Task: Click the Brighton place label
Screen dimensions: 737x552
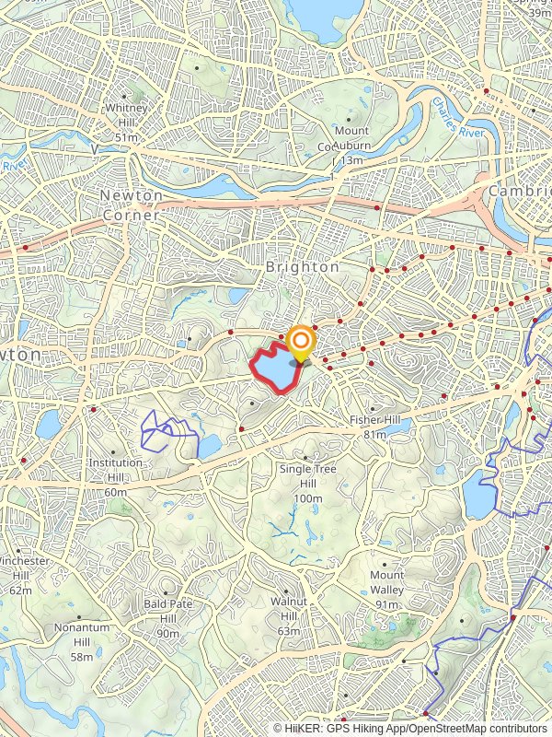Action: pyautogui.click(x=302, y=266)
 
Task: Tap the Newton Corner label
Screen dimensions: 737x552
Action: pyautogui.click(x=131, y=205)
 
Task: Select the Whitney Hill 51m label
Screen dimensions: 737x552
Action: pyautogui.click(x=127, y=123)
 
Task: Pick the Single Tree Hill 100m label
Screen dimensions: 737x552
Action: pyautogui.click(x=308, y=484)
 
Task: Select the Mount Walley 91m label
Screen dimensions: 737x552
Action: pyautogui.click(x=387, y=590)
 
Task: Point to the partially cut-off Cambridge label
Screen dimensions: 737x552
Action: pyautogui.click(x=521, y=190)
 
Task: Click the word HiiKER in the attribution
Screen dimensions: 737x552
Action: pyautogui.click(x=303, y=728)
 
